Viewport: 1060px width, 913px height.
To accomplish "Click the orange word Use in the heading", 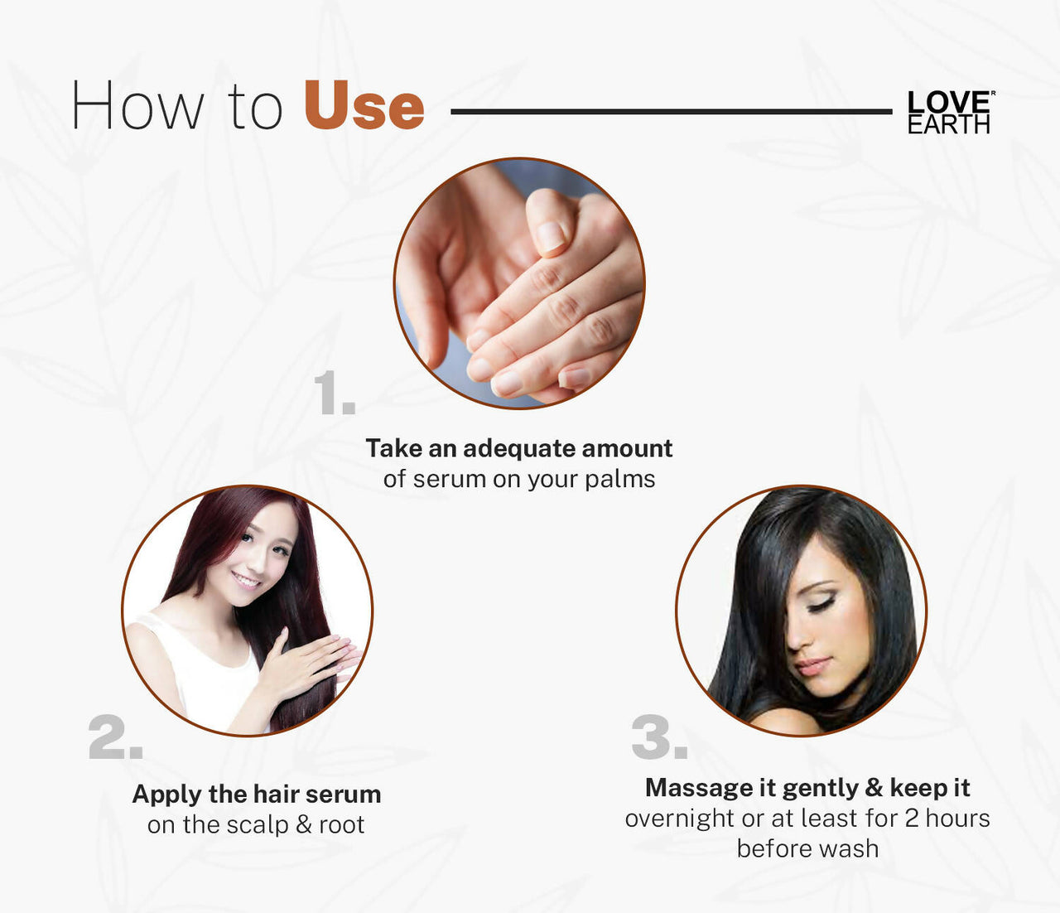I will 364,106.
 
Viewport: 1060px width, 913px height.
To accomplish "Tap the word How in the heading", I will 137,106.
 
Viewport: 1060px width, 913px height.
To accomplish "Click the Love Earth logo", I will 949,112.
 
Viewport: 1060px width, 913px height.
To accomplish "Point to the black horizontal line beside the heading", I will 671,111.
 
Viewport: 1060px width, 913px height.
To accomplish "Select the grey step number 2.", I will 115,737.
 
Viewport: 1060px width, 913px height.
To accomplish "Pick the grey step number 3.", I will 658,737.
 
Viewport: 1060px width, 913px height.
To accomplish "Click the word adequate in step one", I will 519,448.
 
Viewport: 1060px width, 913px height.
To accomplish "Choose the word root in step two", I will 342,825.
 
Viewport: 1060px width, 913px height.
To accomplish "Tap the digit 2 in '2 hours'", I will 911,819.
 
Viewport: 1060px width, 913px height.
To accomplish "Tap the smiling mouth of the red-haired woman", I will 246,579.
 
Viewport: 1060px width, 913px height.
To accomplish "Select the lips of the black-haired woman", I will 812,666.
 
